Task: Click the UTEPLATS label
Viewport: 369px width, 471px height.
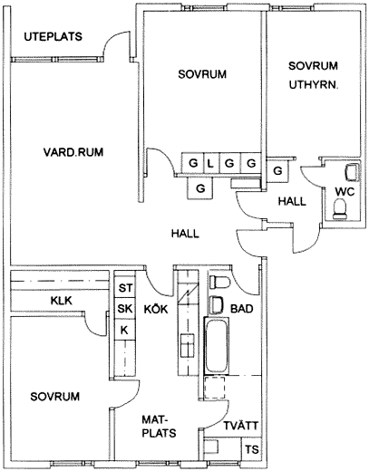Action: pyautogui.click(x=53, y=36)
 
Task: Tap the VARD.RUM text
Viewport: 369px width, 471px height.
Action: pyautogui.click(x=73, y=152)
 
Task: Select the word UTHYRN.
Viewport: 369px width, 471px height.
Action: pyautogui.click(x=314, y=85)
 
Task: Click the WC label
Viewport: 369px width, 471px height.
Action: pyautogui.click(x=345, y=191)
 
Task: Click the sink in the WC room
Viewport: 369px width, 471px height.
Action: pyautogui.click(x=352, y=172)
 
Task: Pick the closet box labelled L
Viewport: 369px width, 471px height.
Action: pyautogui.click(x=211, y=163)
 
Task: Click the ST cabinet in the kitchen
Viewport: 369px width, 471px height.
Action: pyautogui.click(x=125, y=288)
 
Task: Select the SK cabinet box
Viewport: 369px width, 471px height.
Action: pyautogui.click(x=125, y=309)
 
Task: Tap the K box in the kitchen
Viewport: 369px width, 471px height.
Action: pyautogui.click(x=125, y=330)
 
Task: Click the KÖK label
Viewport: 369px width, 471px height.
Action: pyautogui.click(x=156, y=309)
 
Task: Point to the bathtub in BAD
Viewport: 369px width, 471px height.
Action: pyautogui.click(x=217, y=345)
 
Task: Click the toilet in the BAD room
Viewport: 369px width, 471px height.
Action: pyautogui.click(x=219, y=283)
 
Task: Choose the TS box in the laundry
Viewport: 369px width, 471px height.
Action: pyautogui.click(x=252, y=449)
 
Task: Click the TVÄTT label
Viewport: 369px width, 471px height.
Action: pyautogui.click(x=241, y=426)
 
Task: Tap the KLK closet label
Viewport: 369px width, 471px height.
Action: pyautogui.click(x=62, y=301)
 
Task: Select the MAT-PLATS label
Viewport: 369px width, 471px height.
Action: pyautogui.click(x=159, y=427)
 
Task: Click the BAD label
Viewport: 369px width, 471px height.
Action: pyautogui.click(x=242, y=309)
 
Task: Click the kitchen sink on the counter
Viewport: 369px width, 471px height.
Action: pyautogui.click(x=188, y=345)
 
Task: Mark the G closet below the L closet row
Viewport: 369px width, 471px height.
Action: pyautogui.click(x=200, y=188)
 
